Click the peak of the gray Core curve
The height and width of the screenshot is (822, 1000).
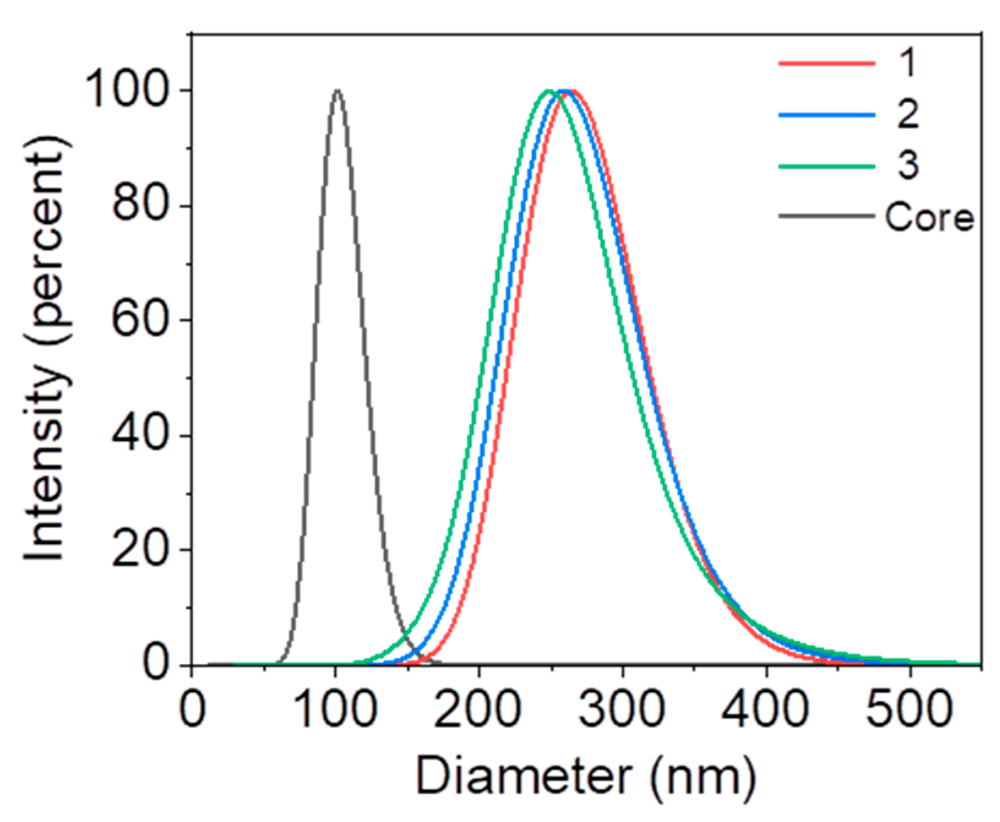coord(337,91)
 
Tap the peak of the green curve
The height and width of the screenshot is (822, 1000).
coord(549,91)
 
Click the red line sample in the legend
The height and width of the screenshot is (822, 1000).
coord(826,63)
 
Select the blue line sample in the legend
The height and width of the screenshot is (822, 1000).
coord(826,115)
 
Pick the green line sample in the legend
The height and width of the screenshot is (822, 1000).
coord(826,165)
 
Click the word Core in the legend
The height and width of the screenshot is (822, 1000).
coord(929,217)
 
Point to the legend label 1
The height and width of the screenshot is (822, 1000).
coord(908,62)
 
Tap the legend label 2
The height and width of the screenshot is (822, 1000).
coord(908,114)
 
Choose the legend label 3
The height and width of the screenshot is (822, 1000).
coord(908,165)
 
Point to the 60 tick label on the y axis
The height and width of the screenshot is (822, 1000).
coord(140,319)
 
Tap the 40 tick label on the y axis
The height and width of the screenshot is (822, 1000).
coord(140,434)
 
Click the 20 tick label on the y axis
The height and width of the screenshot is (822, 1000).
coord(140,549)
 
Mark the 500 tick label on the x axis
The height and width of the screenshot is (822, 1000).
coord(909,710)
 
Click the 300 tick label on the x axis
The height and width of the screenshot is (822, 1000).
coord(622,710)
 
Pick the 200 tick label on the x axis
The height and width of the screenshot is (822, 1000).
coord(479,710)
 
